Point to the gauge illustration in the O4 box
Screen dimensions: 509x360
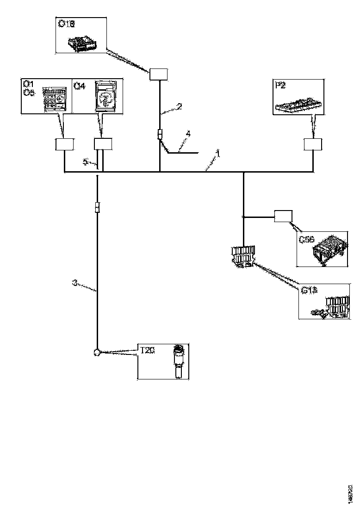[x=106, y=97]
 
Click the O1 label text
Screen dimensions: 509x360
[x=28, y=84]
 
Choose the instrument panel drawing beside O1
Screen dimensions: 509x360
[x=55, y=99]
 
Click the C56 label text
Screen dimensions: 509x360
[x=306, y=240]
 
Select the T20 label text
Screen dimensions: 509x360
[x=147, y=350]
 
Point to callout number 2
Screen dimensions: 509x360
[x=179, y=106]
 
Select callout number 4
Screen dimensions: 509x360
[x=187, y=134]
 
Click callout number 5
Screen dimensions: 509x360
[x=85, y=161]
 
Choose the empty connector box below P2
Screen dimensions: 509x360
[x=313, y=144]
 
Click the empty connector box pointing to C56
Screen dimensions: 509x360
[x=283, y=216]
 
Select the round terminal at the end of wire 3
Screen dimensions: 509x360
[x=97, y=353]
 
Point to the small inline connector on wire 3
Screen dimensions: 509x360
[x=97, y=207]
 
